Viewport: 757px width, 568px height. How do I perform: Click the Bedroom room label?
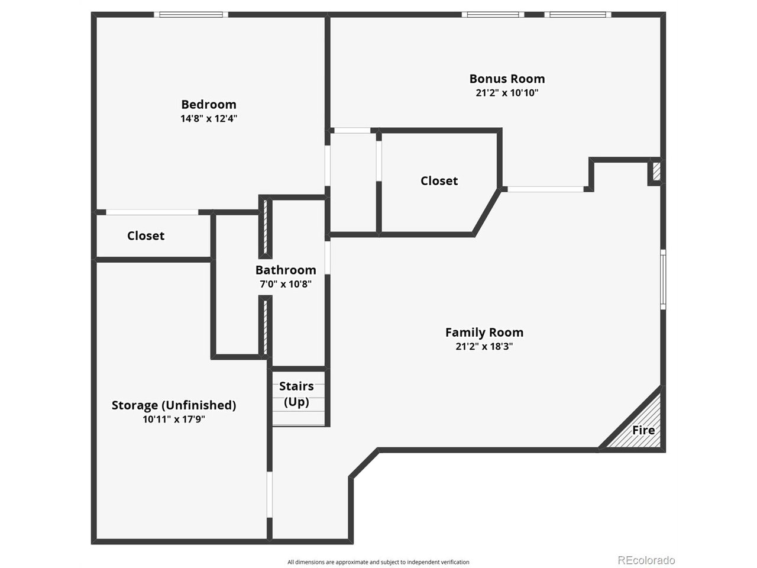[x=209, y=105]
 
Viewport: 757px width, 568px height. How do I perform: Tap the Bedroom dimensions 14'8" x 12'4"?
[x=209, y=118]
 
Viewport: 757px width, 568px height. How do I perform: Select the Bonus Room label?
[x=507, y=79]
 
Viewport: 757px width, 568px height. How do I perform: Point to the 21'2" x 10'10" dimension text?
[x=507, y=93]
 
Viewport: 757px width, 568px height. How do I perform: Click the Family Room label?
[x=484, y=333]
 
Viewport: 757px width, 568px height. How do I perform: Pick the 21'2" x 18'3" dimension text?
[x=484, y=347]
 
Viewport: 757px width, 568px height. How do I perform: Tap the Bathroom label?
[x=286, y=270]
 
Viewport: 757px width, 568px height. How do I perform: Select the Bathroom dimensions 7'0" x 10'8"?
[x=286, y=284]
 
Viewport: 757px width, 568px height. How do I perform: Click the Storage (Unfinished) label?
[x=174, y=405]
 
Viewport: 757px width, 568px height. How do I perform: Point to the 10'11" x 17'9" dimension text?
[x=174, y=419]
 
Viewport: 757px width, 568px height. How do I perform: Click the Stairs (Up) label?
[x=296, y=394]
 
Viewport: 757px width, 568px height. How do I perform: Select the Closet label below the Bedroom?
[x=145, y=235]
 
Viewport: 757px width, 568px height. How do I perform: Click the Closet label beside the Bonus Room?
[x=439, y=181]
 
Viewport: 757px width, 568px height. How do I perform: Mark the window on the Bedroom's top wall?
[x=191, y=14]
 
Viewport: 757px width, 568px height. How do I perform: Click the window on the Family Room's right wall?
[x=663, y=279]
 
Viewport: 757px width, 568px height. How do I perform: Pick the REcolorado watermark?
[x=646, y=560]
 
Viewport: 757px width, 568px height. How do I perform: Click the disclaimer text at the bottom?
[x=378, y=562]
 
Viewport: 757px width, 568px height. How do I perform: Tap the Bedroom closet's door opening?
[x=152, y=212]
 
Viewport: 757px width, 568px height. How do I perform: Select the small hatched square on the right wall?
[x=656, y=172]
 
